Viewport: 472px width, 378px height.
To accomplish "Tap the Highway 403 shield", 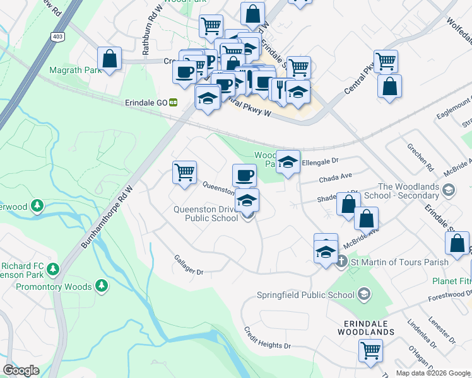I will point(58,36).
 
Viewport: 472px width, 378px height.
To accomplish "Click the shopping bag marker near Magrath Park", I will point(110,59).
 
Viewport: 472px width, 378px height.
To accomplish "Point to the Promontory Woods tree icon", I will point(102,287).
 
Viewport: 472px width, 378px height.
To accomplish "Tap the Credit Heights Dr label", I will point(268,338).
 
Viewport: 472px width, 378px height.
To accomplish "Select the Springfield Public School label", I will point(306,294).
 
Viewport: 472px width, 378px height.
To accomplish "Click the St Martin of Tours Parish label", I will point(400,261).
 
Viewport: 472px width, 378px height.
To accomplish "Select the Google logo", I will point(21,370).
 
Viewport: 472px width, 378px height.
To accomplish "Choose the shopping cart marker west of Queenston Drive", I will point(184,171).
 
